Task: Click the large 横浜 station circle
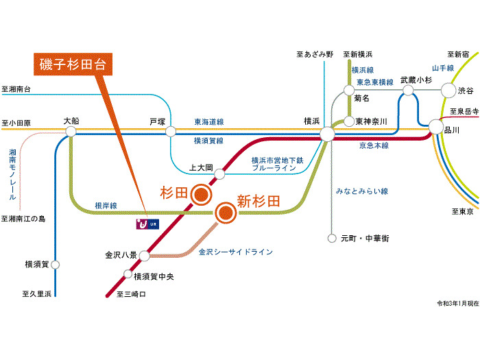coord(327,134)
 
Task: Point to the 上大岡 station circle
coord(220,174)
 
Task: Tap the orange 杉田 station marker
coord(200,195)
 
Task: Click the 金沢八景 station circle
coord(144,256)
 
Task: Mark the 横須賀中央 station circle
coord(128,274)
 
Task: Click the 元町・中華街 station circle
coord(332,239)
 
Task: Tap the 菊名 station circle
coord(349,90)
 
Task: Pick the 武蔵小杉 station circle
coord(409,90)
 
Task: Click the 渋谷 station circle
coord(448,90)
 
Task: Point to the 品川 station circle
coord(436,127)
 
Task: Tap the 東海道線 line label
coord(209,122)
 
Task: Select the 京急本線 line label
coord(374,146)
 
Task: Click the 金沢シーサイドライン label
coord(236,252)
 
